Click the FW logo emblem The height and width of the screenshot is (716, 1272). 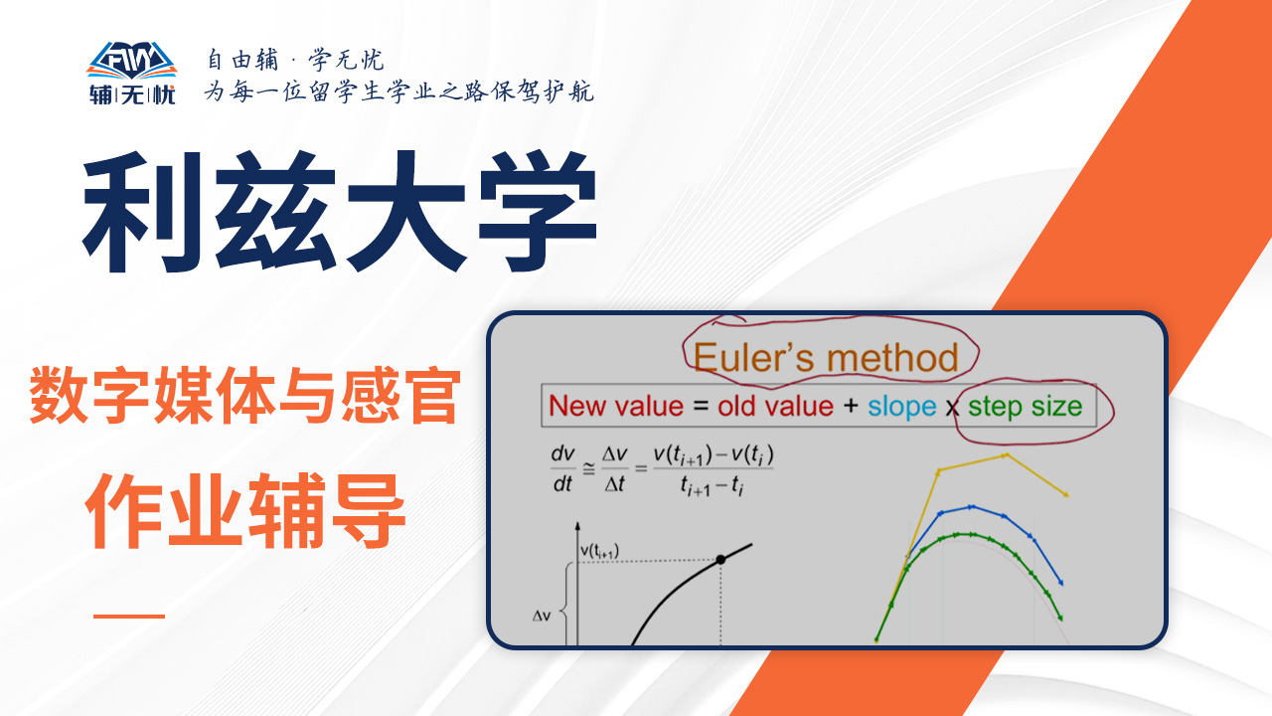point(132,61)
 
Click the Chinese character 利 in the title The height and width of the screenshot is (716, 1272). point(142,212)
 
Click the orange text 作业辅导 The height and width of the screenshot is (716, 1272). point(245,510)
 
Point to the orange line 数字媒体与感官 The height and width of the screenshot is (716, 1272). point(244,396)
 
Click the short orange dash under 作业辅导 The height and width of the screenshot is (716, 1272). point(129,616)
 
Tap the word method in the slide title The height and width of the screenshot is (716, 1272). point(892,357)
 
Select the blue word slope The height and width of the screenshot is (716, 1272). point(901,407)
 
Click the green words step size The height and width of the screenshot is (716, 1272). point(1025,407)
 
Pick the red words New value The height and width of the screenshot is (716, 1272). point(616,407)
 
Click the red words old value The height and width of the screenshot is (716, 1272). point(775,407)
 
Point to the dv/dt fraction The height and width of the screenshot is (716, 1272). point(562,469)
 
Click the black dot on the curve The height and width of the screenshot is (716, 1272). point(720,560)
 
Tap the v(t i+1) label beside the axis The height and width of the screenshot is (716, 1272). point(599,551)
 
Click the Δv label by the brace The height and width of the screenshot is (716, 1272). point(542,616)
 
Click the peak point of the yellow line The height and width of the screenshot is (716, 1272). point(1006,455)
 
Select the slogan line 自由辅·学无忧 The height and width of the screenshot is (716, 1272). point(295,60)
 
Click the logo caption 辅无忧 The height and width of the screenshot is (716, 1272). point(132,94)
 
